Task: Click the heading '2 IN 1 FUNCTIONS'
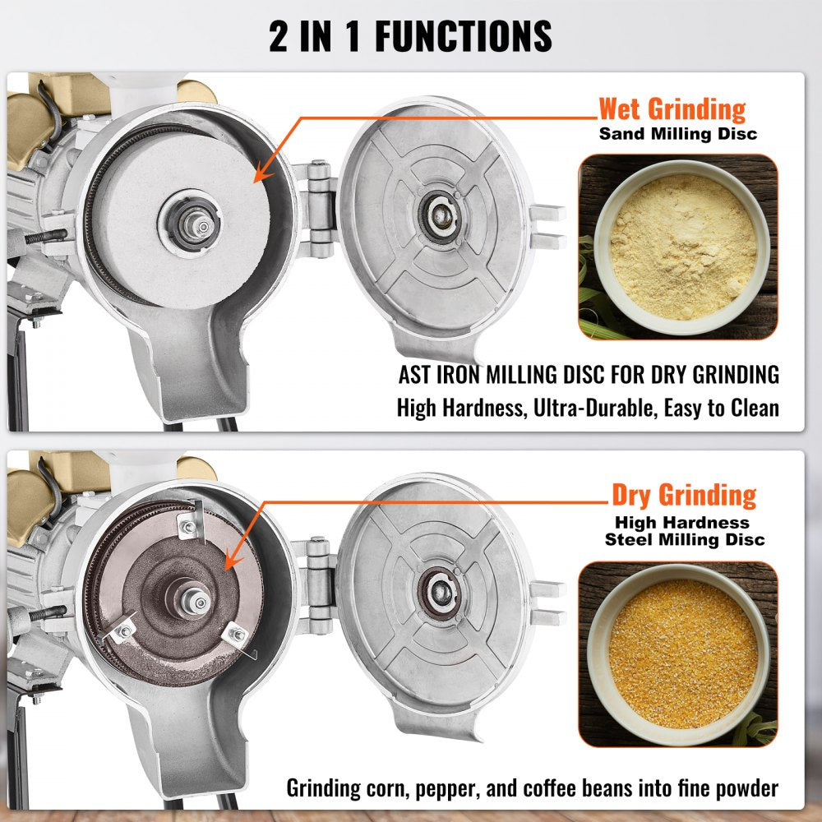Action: (410, 36)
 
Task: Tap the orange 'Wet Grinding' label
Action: (672, 109)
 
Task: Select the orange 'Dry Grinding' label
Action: (683, 495)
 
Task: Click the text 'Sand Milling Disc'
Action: (677, 133)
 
